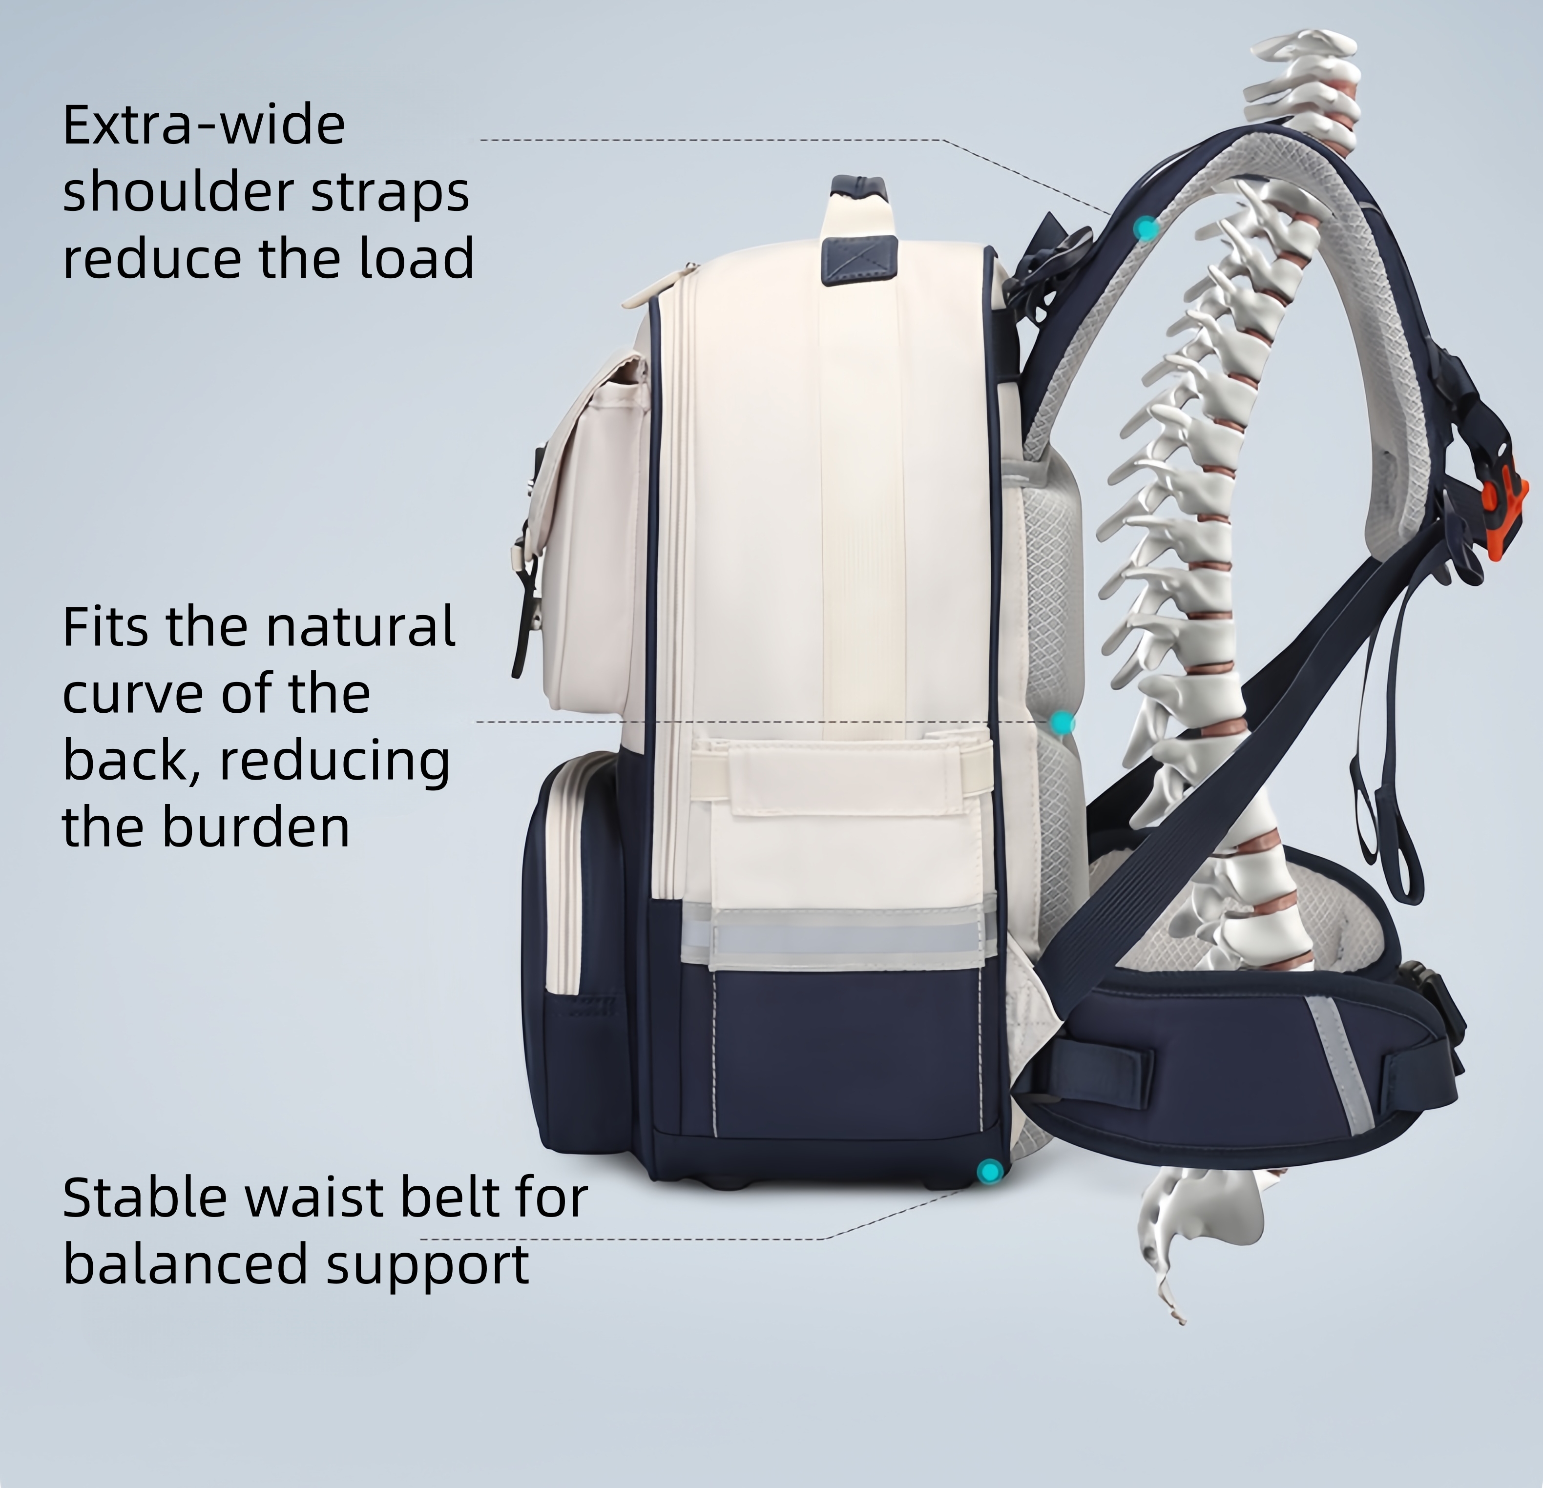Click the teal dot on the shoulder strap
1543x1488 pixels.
coord(1146,228)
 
